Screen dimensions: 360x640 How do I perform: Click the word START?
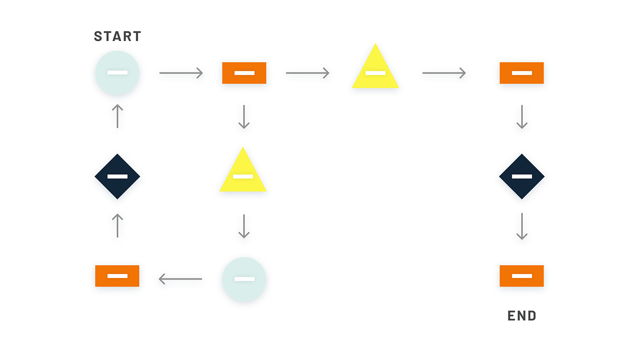pyautogui.click(x=117, y=36)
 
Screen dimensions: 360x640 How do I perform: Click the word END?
pyautogui.click(x=522, y=316)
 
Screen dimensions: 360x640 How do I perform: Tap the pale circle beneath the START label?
pyautogui.click(x=117, y=73)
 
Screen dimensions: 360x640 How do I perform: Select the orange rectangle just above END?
pyautogui.click(x=522, y=276)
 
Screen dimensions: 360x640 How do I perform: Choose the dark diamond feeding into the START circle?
pyautogui.click(x=117, y=176)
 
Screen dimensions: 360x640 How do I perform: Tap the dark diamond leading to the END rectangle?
pyautogui.click(x=522, y=176)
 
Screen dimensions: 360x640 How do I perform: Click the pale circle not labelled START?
pyautogui.click(x=244, y=279)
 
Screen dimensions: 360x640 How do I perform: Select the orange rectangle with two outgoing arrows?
pyautogui.click(x=244, y=73)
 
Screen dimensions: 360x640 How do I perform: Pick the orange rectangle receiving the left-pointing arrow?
pyautogui.click(x=117, y=276)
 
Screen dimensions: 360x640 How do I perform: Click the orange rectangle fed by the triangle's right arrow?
pyautogui.click(x=522, y=73)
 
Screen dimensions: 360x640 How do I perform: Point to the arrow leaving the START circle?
pyautogui.click(x=181, y=73)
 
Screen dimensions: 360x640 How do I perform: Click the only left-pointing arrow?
pyautogui.click(x=181, y=279)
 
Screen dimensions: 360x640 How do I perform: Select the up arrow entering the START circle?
pyautogui.click(x=117, y=116)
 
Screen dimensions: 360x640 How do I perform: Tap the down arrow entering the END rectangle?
pyautogui.click(x=522, y=226)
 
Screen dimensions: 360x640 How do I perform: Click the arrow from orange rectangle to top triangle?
pyautogui.click(x=307, y=73)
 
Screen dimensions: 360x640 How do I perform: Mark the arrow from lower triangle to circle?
pyautogui.click(x=244, y=226)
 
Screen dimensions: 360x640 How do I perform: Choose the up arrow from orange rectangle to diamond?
pyautogui.click(x=117, y=225)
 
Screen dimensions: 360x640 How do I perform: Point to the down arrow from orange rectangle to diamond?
pyautogui.click(x=522, y=117)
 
